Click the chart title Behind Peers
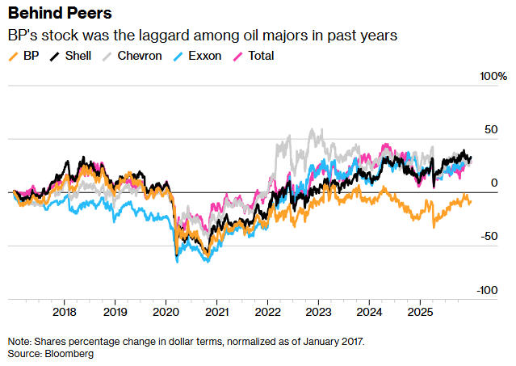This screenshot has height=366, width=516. [x=60, y=14]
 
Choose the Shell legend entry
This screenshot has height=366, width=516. [x=75, y=56]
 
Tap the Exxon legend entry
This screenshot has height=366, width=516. [x=204, y=56]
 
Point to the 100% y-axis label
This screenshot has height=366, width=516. [x=491, y=76]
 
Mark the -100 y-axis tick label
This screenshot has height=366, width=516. [x=487, y=290]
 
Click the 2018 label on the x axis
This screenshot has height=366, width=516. [x=64, y=311]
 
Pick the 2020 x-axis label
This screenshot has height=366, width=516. [x=166, y=311]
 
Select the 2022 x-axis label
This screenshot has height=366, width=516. [x=267, y=311]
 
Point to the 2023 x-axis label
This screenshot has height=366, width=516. [x=318, y=311]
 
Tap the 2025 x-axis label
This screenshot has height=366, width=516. [x=420, y=311]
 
